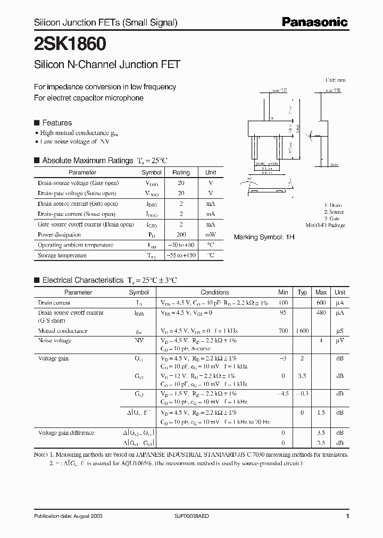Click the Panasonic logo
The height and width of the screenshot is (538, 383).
coord(314,22)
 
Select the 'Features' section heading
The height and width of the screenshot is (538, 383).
coord(56,123)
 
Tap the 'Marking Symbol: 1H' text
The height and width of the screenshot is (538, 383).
coord(264,237)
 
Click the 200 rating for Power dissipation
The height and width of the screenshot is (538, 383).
coord(181,234)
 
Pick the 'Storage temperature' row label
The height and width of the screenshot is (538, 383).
coord(62,255)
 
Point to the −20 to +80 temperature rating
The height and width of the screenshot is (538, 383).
coord(181,245)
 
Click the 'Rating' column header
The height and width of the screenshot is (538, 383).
coord(181,172)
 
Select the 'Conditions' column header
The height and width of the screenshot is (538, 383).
coord(214,292)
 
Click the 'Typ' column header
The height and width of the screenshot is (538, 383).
coord(302,292)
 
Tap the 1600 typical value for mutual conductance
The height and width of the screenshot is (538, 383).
coord(302,331)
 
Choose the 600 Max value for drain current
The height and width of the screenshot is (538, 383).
coord(321,302)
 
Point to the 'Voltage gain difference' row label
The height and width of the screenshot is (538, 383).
coord(66,433)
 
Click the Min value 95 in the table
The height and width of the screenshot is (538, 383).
coord(283,313)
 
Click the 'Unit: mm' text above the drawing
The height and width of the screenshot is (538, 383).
coord(335,80)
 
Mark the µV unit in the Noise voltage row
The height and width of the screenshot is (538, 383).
coord(340,340)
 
